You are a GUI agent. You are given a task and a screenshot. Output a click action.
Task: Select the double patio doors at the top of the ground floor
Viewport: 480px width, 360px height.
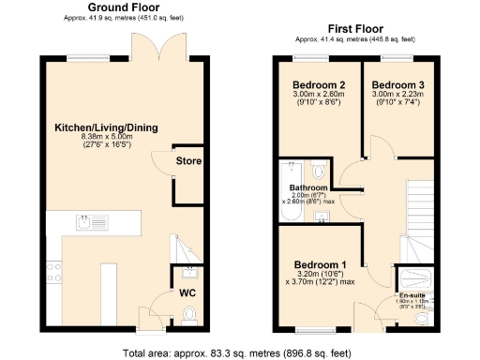(x=152, y=47)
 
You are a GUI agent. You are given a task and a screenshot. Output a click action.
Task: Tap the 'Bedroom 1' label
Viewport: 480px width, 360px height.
(x=319, y=264)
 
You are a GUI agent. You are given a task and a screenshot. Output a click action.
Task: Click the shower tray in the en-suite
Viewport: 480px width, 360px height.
(x=415, y=277)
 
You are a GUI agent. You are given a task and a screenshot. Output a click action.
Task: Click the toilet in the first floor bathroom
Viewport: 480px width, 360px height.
(x=318, y=170)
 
